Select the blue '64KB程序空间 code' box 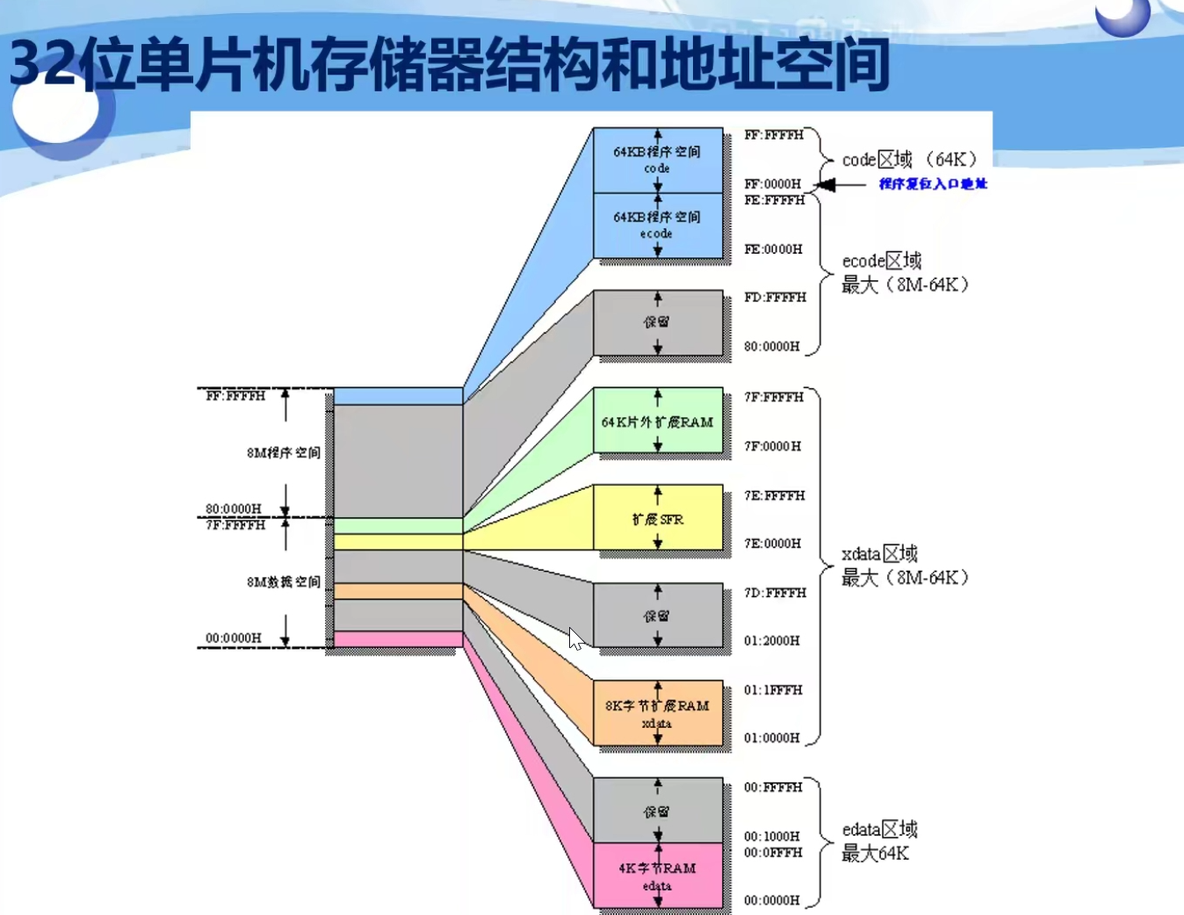tap(657, 160)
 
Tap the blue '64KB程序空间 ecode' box tap(657, 226)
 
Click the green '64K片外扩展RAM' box tap(657, 421)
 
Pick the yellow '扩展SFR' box tap(657, 518)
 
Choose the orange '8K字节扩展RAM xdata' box tap(657, 713)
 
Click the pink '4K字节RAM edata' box tap(657, 875)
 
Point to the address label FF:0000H tap(772, 184)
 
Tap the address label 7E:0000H tap(772, 544)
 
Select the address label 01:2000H tap(771, 641)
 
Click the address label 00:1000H tap(771, 836)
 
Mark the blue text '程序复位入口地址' tap(933, 184)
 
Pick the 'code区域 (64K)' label tap(909, 160)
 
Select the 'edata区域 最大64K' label tap(879, 841)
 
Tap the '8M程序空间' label tap(283, 453)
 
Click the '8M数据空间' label tap(283, 582)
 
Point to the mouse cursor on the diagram tap(575, 638)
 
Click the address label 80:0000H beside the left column tap(233, 509)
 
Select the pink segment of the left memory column tap(398, 639)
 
